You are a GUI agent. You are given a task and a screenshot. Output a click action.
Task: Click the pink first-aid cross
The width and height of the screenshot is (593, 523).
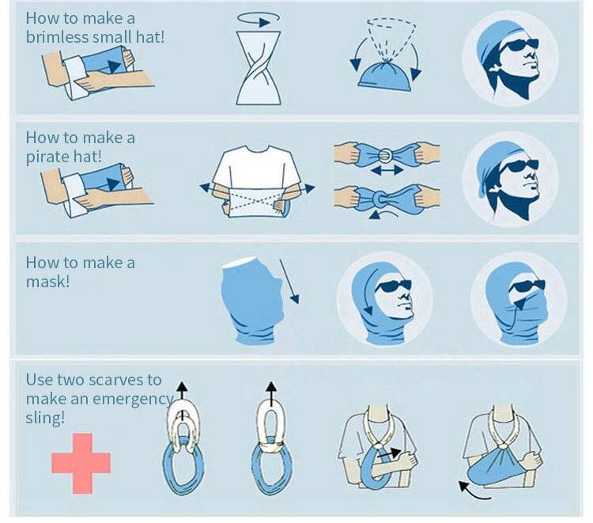pos(81,463)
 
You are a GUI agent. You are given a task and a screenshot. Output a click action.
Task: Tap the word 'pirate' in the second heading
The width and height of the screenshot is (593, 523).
pos(44,157)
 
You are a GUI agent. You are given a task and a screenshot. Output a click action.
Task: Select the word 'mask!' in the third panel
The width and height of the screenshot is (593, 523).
pos(47,281)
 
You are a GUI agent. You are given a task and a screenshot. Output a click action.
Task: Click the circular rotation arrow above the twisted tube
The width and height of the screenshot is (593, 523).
pos(259,19)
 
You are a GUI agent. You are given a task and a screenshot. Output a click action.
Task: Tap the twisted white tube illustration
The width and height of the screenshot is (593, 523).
pos(259,68)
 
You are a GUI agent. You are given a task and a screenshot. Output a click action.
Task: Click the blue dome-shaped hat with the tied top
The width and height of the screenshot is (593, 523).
pos(384,75)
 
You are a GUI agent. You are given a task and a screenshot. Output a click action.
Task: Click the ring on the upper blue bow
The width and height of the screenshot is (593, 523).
pos(387,155)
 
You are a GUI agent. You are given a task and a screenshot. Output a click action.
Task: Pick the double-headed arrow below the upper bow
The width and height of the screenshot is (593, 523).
pos(387,170)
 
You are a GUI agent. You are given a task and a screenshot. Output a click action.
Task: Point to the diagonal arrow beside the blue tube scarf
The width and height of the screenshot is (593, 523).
pos(289,282)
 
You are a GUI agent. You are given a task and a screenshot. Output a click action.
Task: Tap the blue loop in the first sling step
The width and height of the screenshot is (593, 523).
pos(183,465)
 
